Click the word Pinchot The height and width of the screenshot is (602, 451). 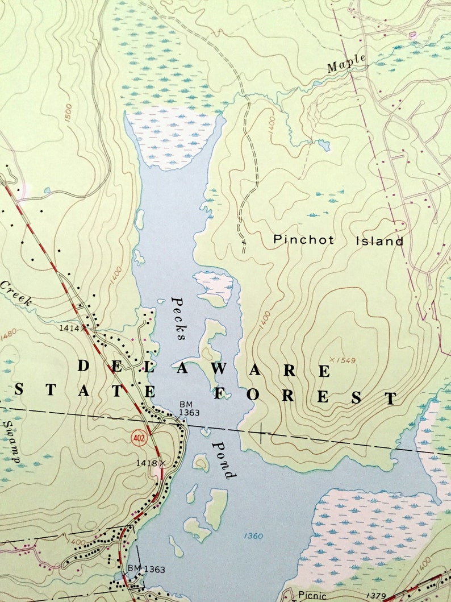point(303,240)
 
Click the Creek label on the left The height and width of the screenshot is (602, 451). point(15,293)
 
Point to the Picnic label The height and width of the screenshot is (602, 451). point(312,595)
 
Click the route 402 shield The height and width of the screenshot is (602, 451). point(138,437)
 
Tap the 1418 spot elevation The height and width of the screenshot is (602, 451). point(146,463)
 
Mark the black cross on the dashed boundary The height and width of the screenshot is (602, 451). point(261,434)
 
